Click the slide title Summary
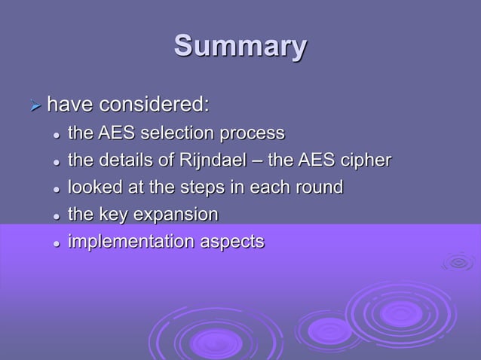pyautogui.click(x=240, y=46)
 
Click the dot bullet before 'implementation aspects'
pyautogui.click(x=55, y=243)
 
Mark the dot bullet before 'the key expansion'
pyautogui.click(x=55, y=216)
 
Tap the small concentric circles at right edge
pyautogui.click(x=458, y=261)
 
